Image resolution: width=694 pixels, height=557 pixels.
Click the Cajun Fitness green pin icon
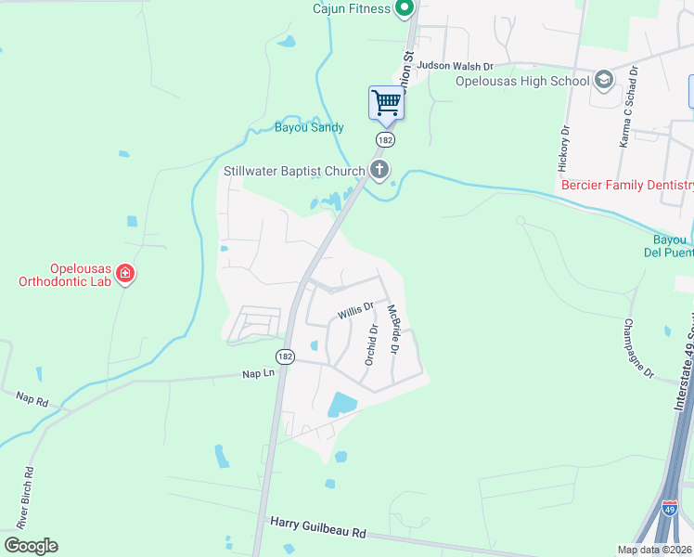click(404, 9)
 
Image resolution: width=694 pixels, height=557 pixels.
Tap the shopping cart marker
click(386, 102)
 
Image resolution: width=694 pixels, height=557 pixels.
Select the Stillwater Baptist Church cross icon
click(379, 169)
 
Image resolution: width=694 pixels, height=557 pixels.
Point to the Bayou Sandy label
click(309, 127)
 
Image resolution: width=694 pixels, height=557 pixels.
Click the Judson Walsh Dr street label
click(455, 66)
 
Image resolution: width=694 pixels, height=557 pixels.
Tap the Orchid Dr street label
click(371, 343)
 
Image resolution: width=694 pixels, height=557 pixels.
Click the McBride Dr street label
click(393, 330)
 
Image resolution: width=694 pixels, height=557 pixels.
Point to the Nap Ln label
click(259, 373)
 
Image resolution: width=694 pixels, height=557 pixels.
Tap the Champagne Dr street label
click(639, 349)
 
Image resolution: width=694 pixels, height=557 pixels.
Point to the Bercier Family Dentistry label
click(627, 186)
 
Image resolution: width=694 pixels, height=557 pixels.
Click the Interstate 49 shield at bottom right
click(669, 508)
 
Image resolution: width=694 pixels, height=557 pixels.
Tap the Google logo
click(31, 546)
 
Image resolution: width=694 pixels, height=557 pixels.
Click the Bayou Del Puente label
click(669, 245)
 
